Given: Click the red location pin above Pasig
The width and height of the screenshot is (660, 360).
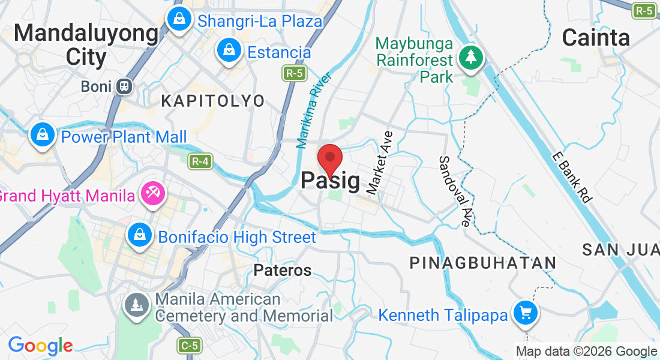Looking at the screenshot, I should (329, 158).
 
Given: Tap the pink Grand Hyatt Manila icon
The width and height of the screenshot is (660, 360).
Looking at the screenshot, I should (150, 194).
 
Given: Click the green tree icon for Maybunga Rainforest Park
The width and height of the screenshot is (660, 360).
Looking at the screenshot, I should (471, 58).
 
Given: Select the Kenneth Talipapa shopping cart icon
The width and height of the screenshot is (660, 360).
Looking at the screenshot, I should (526, 313).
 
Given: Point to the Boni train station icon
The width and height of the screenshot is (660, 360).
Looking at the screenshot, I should (125, 86).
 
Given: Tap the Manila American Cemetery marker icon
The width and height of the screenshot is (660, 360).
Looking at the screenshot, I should (137, 305).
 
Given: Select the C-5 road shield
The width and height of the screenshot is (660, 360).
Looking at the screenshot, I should (189, 345).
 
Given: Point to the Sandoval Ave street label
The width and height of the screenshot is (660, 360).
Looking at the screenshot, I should (454, 191).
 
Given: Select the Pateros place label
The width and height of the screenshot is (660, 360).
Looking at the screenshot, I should (283, 271).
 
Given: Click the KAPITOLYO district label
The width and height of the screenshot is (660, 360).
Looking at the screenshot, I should (213, 101).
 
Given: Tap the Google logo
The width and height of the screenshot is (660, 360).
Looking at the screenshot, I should (40, 346).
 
